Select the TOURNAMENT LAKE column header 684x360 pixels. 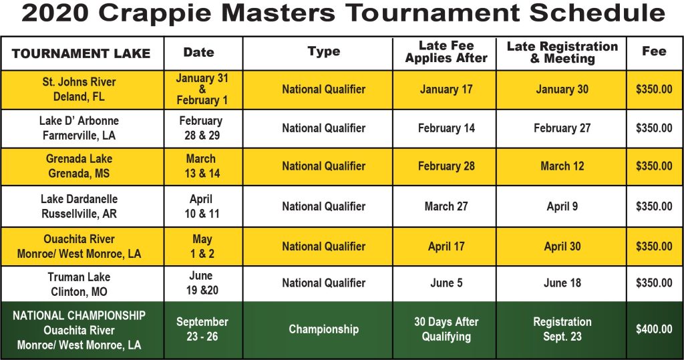pos(81,53)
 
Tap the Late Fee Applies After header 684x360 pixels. pos(446,52)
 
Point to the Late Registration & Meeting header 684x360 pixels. pos(562,52)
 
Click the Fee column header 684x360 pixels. pos(654,51)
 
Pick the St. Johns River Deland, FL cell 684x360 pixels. pos(79,89)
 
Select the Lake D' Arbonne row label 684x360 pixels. pos(79,128)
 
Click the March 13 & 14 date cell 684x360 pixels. pos(201,166)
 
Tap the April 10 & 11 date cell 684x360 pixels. pos(201,206)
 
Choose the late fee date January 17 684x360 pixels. pos(446,89)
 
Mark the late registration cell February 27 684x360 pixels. pos(562,128)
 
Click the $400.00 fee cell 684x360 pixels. pos(654,329)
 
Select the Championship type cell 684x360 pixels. pos(324,329)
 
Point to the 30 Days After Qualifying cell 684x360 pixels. pos(446,329)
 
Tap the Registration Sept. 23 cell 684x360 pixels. pos(562,329)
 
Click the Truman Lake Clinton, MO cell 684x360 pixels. pos(79,284)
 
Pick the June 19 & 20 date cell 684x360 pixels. pos(201,283)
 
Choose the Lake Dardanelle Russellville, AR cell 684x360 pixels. pos(79,206)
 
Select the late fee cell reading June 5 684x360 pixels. pos(446,283)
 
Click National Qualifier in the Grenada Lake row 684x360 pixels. pos(324,166)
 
